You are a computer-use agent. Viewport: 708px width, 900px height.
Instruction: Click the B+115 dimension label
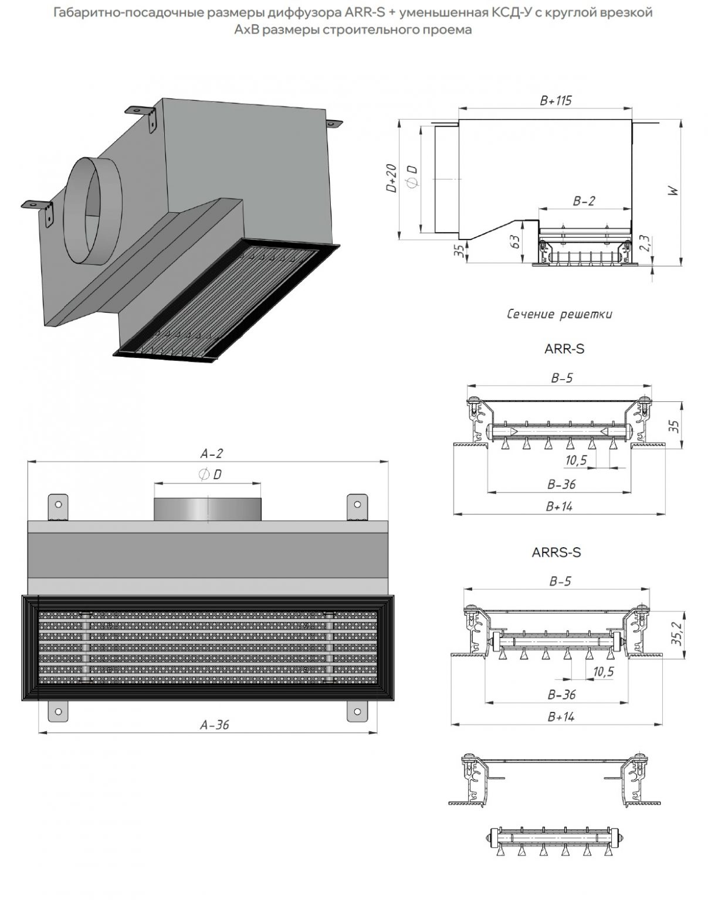click(x=555, y=101)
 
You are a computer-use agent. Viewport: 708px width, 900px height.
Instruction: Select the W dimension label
click(x=673, y=190)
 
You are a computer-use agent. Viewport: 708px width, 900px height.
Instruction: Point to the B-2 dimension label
click(x=584, y=201)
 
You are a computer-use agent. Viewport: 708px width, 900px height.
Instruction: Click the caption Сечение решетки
click(x=559, y=314)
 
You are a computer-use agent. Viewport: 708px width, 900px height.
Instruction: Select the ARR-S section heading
click(x=564, y=349)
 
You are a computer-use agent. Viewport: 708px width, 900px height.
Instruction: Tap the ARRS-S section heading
click(x=556, y=552)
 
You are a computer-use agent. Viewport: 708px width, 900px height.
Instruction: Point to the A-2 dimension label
click(x=212, y=454)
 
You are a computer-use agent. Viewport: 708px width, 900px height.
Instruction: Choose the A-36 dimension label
click(x=214, y=725)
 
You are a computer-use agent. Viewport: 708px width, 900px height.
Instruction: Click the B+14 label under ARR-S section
click(x=559, y=507)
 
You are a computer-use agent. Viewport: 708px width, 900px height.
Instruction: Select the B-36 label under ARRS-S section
click(x=561, y=695)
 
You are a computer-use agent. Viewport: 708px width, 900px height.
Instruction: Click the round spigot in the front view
click(x=207, y=508)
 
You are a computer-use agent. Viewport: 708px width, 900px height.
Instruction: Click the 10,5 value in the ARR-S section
click(x=576, y=461)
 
